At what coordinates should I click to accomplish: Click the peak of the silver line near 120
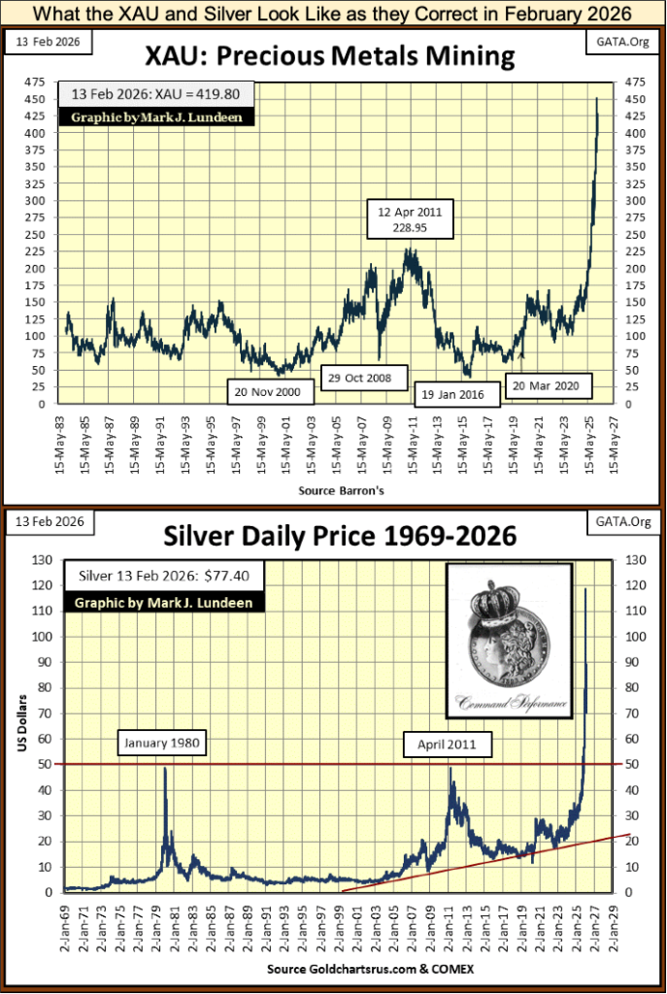(x=584, y=588)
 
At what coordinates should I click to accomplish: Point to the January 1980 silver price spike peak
(x=165, y=768)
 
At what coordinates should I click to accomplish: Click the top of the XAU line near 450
(x=596, y=98)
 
